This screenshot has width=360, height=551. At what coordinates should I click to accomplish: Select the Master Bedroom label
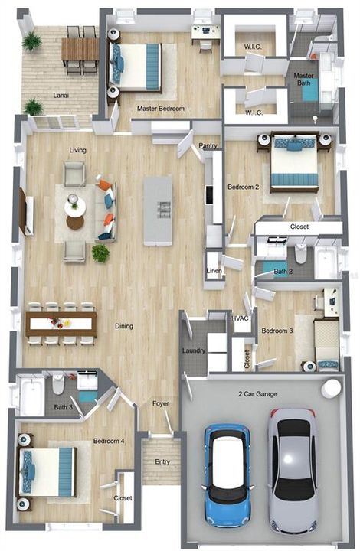click(x=161, y=109)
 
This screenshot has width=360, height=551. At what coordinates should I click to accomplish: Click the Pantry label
click(x=207, y=145)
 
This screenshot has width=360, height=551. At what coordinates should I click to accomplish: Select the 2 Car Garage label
click(x=257, y=393)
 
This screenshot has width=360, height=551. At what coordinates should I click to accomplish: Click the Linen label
click(x=214, y=272)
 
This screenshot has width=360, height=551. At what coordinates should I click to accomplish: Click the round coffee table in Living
click(x=75, y=222)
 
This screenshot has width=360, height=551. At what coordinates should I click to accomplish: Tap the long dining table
click(x=61, y=323)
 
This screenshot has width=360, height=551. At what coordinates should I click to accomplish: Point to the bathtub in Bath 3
click(x=32, y=395)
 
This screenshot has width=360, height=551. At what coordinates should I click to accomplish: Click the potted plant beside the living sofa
click(x=100, y=253)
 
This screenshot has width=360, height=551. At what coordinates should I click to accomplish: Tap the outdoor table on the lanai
click(x=80, y=50)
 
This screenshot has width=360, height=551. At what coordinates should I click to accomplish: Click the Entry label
click(x=162, y=461)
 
